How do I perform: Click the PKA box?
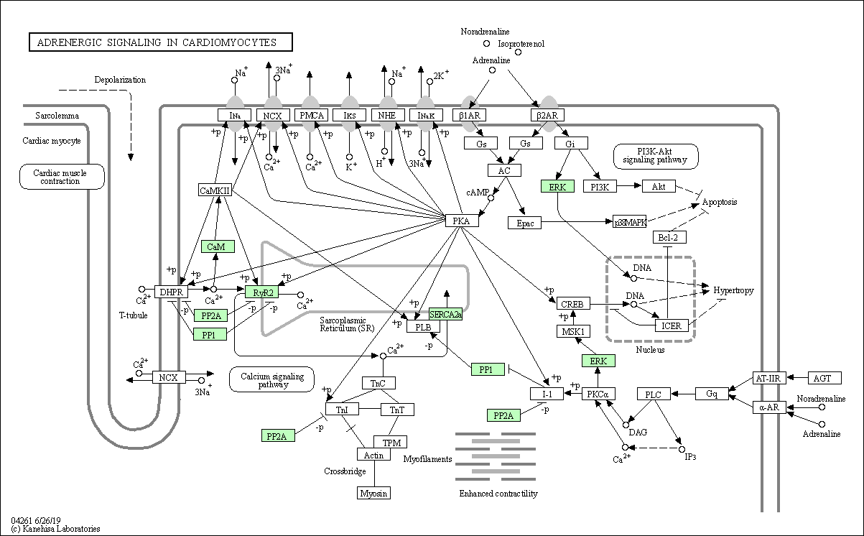[462, 221]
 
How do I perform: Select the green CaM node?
[218, 246]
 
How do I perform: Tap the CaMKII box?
[215, 190]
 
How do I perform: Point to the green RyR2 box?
[261, 292]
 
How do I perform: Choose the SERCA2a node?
[445, 314]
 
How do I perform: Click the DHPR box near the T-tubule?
[171, 292]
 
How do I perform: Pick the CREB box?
[573, 303]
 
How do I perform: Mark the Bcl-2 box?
[669, 237]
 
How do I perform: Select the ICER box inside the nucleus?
[672, 325]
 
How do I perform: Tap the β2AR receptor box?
[547, 115]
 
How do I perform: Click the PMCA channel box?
[311, 115]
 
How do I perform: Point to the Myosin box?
[373, 493]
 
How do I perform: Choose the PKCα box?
[598, 394]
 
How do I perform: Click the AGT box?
[824, 378]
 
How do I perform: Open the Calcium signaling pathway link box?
[271, 379]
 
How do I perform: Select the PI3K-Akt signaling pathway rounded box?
[656, 157]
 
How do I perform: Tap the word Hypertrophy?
[733, 290]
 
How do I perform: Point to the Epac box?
[524, 223]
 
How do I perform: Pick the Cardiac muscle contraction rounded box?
[62, 177]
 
